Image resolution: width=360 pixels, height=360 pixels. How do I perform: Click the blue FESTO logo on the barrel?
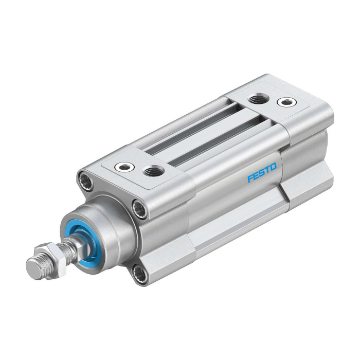pos(262,172)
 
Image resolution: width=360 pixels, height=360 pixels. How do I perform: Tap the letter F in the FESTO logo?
pos(250,178)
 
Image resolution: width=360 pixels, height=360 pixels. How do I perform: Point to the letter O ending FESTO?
pos(274,167)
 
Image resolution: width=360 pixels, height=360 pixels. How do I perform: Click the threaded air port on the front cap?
pos(153,171)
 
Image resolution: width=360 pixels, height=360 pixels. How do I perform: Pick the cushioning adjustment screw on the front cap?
pos(124,167)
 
